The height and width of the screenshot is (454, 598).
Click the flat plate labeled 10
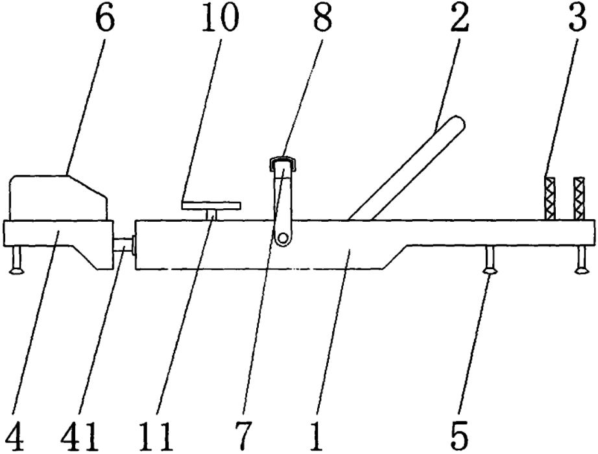coord(211,205)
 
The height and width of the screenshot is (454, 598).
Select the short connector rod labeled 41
coord(124,246)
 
